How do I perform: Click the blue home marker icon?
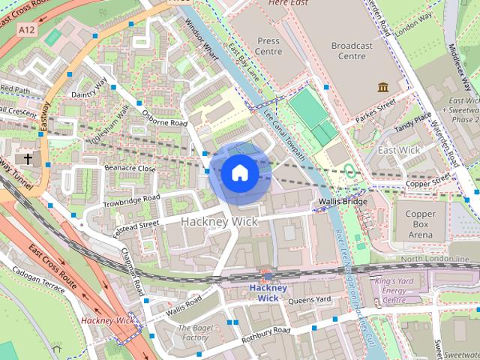pyautogui.click(x=239, y=173)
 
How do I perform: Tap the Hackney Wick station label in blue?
pyautogui.click(x=268, y=292)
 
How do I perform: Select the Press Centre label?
pyautogui.click(x=268, y=46)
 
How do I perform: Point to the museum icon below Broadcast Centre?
pyautogui.click(x=383, y=87)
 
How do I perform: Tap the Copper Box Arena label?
pyautogui.click(x=420, y=224)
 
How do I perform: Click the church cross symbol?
pyautogui.click(x=28, y=159)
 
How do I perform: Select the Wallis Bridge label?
pyautogui.click(x=342, y=202)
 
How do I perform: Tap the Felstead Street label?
pyautogui.click(x=136, y=225)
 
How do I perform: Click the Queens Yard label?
pyautogui.click(x=309, y=299)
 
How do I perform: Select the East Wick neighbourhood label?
pyautogui.click(x=399, y=150)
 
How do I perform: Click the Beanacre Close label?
pyautogui.click(x=130, y=169)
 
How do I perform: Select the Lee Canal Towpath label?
pyautogui.click(x=285, y=135)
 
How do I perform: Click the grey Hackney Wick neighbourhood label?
pyautogui.click(x=219, y=222)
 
